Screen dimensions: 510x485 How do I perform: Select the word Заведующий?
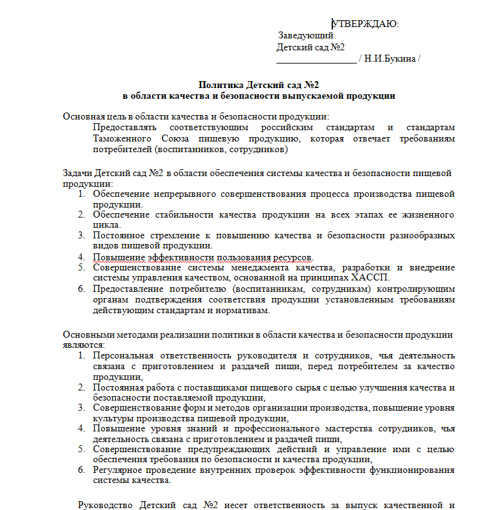point(306,35)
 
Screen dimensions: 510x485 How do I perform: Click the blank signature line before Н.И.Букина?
point(316,60)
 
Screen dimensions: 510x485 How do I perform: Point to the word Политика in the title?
point(221,84)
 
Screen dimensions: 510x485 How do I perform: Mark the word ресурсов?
point(290,257)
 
